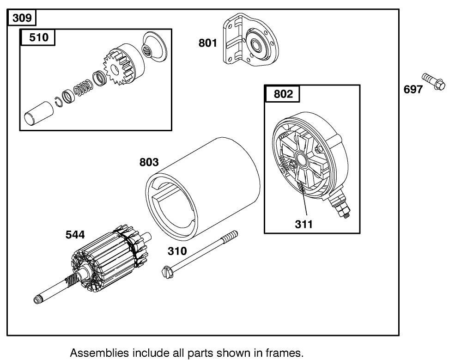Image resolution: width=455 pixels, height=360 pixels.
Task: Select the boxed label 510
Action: (38, 37)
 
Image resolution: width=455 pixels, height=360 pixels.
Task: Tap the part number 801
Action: (208, 43)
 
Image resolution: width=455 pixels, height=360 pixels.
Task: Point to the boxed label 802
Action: (283, 94)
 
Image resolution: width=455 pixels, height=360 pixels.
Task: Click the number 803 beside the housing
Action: (149, 162)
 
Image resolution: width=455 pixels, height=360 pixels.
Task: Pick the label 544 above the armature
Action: (75, 235)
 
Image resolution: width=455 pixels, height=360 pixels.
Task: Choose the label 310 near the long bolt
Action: (177, 251)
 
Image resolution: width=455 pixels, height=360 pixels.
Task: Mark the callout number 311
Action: (304, 224)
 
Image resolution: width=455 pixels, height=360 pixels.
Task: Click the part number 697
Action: (413, 89)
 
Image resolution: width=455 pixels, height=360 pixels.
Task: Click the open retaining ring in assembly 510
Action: (59, 102)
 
